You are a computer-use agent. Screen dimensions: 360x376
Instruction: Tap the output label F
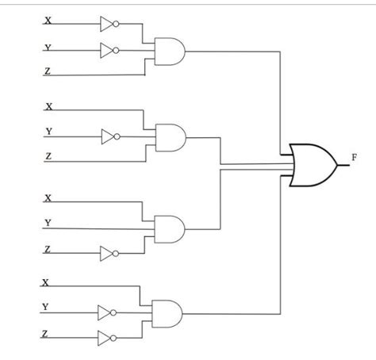352,157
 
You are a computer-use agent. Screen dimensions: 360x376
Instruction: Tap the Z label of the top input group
48,72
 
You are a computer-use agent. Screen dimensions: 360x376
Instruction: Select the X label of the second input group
49,105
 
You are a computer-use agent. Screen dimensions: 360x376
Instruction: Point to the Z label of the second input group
48,156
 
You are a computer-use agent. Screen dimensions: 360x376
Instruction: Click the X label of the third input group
49,197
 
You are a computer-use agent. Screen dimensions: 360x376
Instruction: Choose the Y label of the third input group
49,223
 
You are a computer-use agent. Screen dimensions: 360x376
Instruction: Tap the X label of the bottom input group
45,281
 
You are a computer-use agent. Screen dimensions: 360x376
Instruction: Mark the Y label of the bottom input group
45,307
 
